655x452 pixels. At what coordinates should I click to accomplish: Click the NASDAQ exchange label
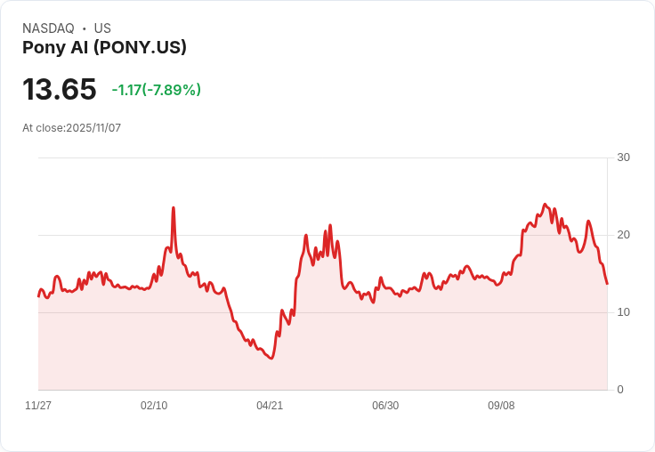click(48, 28)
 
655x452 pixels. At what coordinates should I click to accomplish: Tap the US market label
click(102, 28)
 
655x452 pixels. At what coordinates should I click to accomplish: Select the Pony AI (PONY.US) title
click(104, 48)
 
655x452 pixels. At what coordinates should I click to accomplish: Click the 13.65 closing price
click(59, 90)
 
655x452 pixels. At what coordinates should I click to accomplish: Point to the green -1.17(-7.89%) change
click(157, 90)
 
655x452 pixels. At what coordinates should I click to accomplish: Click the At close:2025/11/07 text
click(71, 128)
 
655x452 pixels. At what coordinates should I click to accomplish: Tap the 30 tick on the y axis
click(623, 157)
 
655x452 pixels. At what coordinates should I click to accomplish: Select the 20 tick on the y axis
click(623, 235)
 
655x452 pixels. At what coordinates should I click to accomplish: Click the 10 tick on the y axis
click(623, 312)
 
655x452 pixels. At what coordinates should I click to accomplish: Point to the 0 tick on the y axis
click(620, 390)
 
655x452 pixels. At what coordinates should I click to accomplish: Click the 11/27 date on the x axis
click(38, 406)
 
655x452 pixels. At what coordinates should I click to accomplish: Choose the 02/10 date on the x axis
click(154, 406)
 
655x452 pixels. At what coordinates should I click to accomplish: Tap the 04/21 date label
click(270, 406)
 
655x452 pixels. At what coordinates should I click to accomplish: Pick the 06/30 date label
click(385, 406)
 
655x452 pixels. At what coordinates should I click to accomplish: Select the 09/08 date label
click(501, 406)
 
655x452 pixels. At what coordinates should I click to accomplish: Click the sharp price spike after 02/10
click(173, 208)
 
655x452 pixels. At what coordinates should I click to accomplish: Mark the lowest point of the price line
click(271, 358)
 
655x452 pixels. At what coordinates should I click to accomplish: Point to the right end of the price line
click(607, 284)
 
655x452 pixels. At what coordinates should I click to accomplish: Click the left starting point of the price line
click(38, 295)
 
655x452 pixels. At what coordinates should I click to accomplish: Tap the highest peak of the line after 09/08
click(546, 205)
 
